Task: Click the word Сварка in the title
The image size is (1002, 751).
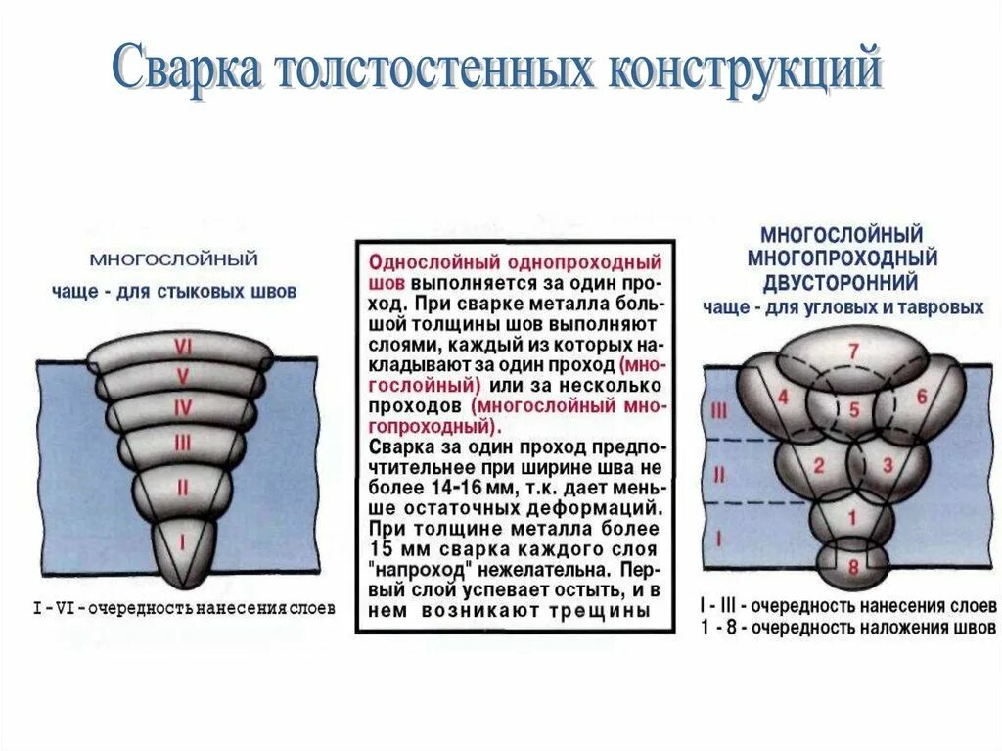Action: pyautogui.click(x=186, y=71)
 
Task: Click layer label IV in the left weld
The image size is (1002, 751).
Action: pyautogui.click(x=182, y=405)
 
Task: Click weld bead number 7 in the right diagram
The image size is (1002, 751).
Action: pyautogui.click(x=852, y=351)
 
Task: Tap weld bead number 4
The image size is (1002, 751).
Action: pyautogui.click(x=782, y=398)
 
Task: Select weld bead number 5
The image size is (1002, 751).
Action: pyautogui.click(x=853, y=411)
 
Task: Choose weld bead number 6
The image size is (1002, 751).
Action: pyautogui.click(x=921, y=398)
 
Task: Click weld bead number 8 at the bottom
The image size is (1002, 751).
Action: pyautogui.click(x=852, y=566)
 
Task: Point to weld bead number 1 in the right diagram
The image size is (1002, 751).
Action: pyautogui.click(x=852, y=518)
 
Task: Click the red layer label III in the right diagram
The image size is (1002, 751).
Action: pyautogui.click(x=719, y=412)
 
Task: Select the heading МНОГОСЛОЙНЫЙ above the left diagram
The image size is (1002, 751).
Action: pyautogui.click(x=174, y=260)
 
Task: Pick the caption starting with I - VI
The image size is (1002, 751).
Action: pyautogui.click(x=183, y=608)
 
